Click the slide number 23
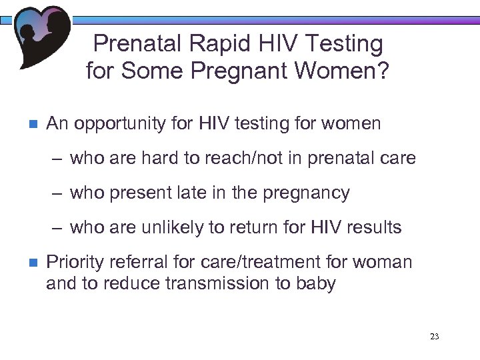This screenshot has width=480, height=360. [435, 337]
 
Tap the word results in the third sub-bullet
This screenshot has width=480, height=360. [374, 228]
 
